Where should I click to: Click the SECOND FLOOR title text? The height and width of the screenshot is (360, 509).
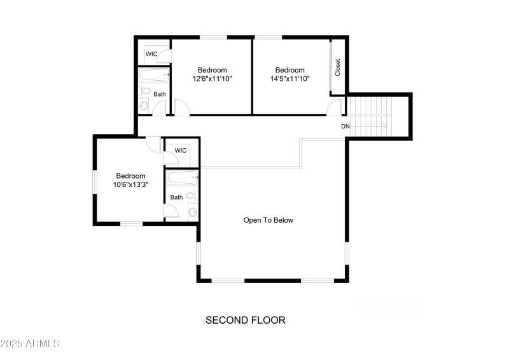[245, 320]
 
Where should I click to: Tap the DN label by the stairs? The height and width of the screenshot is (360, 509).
[345, 127]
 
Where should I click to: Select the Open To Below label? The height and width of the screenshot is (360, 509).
[268, 220]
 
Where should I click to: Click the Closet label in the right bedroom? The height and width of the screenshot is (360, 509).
[338, 67]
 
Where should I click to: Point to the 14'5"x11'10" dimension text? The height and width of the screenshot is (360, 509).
[289, 80]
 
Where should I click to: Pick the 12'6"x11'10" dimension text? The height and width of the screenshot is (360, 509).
[212, 80]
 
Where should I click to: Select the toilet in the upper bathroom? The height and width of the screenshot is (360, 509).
[144, 106]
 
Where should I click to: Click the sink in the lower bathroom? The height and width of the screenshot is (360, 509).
[192, 212]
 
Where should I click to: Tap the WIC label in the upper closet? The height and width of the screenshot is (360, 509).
[151, 54]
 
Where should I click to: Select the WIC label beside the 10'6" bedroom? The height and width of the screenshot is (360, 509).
[181, 151]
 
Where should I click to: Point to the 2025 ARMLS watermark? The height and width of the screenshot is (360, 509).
[30, 343]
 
